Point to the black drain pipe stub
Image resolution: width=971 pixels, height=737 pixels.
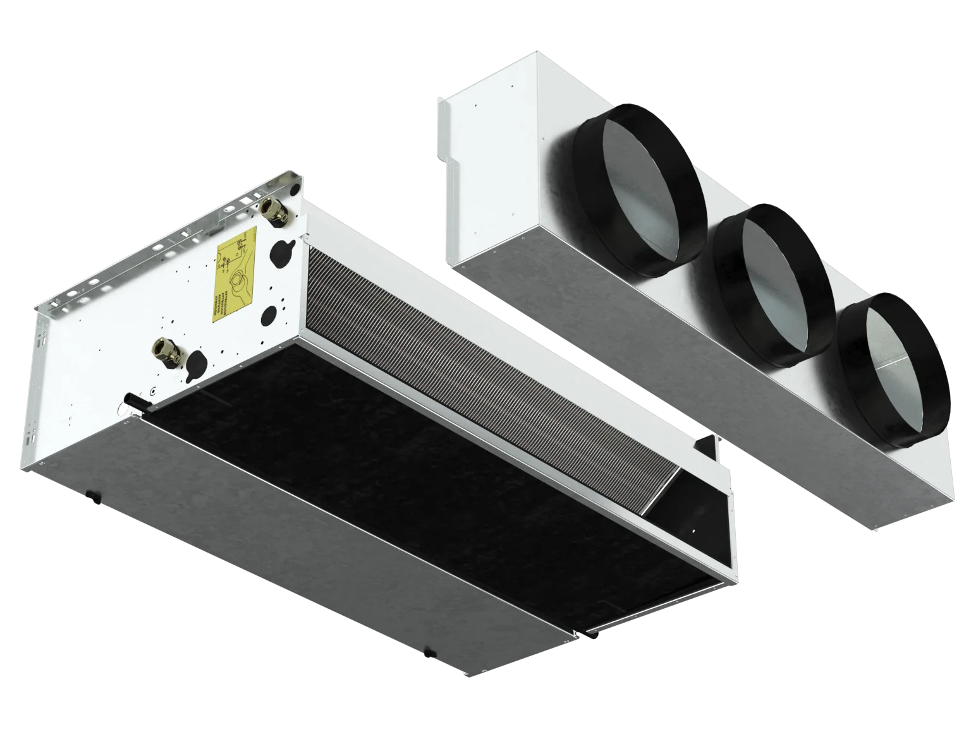coord(131,400)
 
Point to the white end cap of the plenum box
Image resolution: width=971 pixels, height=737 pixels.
coord(490,171)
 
